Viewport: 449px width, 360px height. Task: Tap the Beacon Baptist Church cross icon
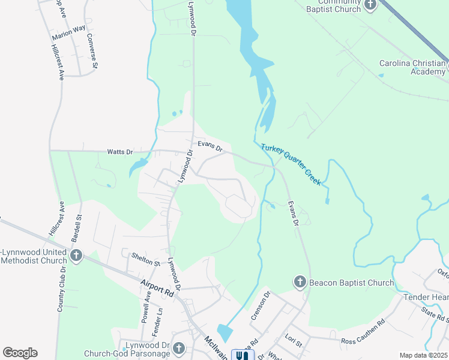click(x=300, y=282)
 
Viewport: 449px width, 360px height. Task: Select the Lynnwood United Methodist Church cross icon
click(x=76, y=256)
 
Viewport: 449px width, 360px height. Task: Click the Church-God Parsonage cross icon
click(x=178, y=349)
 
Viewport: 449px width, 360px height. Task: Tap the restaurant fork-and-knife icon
click(x=243, y=356)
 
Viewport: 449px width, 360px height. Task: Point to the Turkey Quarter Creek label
click(x=291, y=163)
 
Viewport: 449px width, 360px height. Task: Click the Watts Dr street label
click(x=120, y=152)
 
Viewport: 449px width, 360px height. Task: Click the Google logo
click(x=20, y=353)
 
